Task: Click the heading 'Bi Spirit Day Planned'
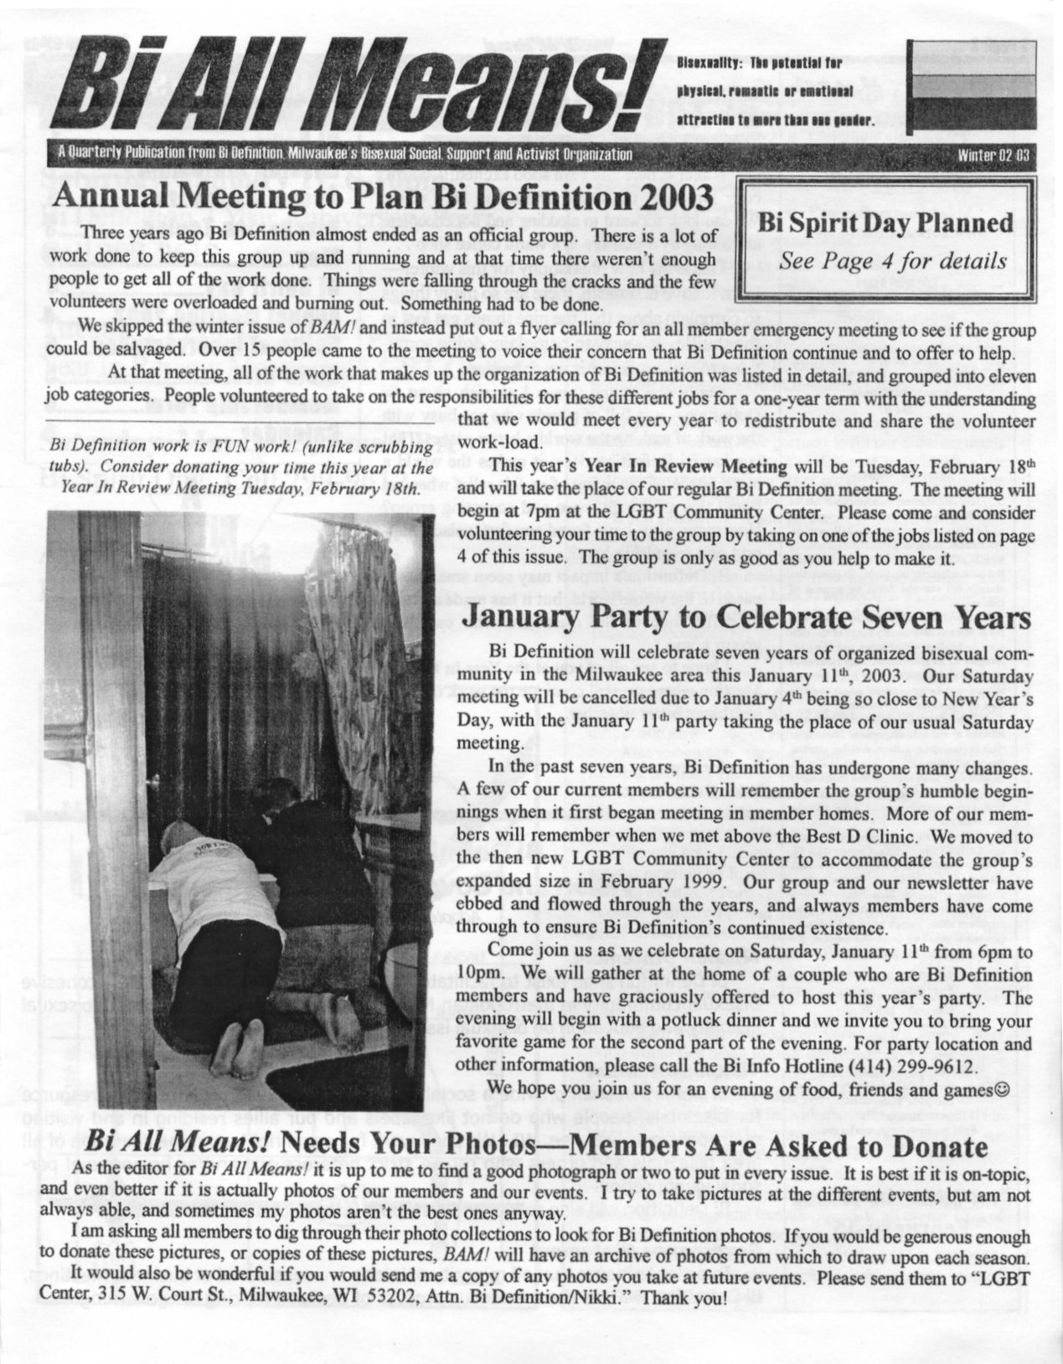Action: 885,224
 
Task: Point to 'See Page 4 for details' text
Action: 893,260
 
